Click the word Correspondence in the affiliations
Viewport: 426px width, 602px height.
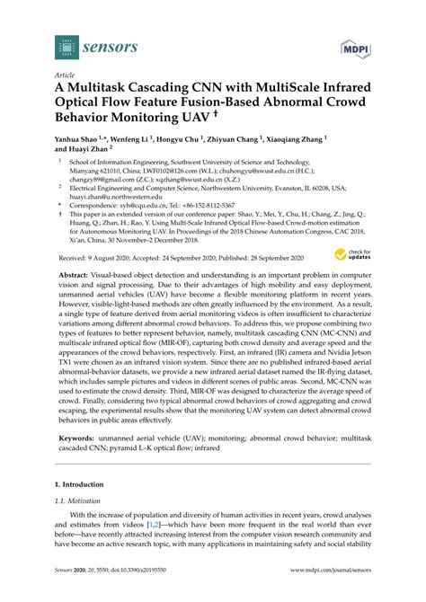click(x=98, y=204)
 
